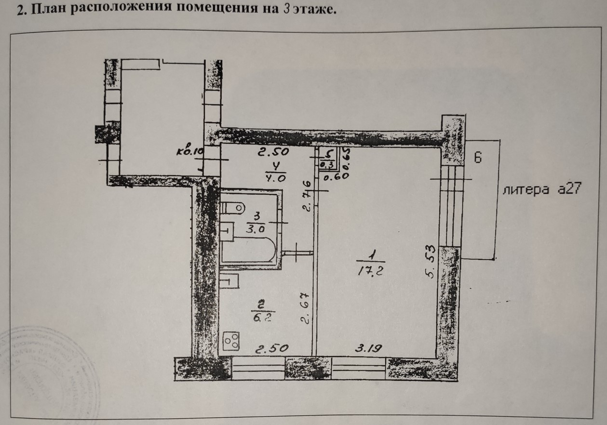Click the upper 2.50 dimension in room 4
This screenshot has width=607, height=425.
(x=273, y=153)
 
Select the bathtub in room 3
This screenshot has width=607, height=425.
(x=248, y=251)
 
